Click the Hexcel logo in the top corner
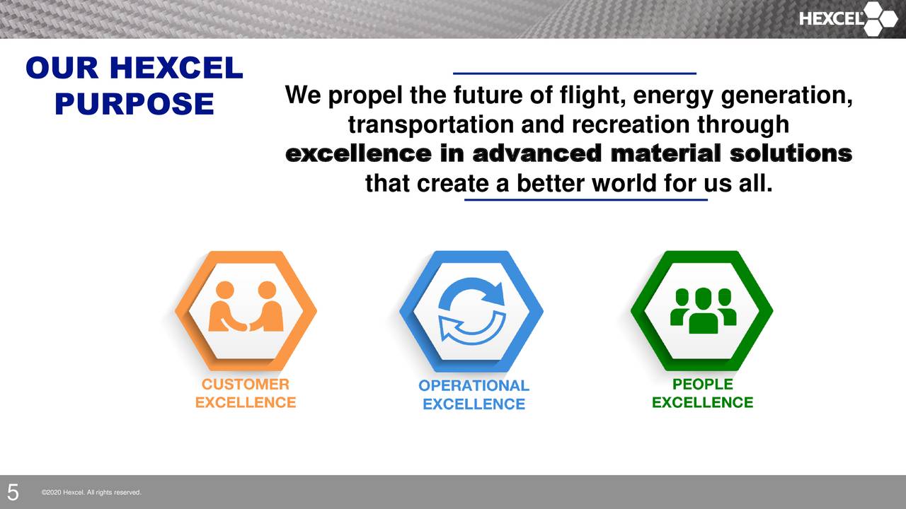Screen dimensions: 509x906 (x=848, y=19)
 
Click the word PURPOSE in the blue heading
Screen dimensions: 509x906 (x=134, y=104)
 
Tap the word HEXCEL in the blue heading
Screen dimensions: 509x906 (x=176, y=69)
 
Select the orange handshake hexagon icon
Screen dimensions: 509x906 (x=246, y=310)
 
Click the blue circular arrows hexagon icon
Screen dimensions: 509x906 (x=471, y=311)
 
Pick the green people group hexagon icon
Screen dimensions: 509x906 (x=701, y=310)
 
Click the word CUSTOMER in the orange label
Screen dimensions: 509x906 (x=246, y=385)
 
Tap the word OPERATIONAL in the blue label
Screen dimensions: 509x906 (x=474, y=386)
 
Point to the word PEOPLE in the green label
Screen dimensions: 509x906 (x=702, y=385)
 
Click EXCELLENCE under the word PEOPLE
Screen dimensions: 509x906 (x=702, y=403)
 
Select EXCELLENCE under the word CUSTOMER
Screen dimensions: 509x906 (x=246, y=403)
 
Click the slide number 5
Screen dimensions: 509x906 (x=13, y=492)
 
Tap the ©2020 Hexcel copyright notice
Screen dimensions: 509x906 (x=91, y=492)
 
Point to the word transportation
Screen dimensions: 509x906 (x=432, y=125)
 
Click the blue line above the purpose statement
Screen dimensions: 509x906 (x=574, y=73)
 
